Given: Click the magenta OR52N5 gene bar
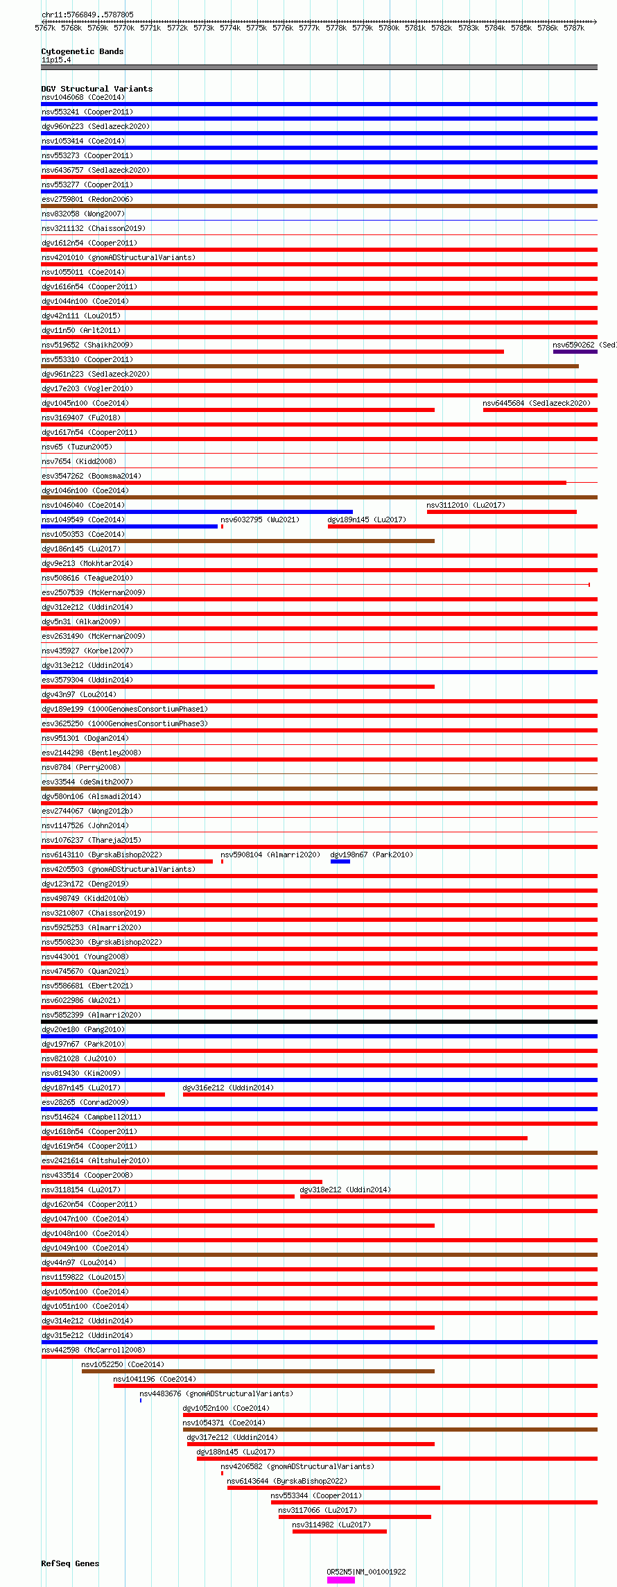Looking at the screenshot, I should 340,1580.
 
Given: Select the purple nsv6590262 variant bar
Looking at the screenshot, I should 575,352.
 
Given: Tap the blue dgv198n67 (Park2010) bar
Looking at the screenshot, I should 340,861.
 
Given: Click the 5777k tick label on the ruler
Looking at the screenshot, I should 309,28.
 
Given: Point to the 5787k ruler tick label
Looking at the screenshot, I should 573,28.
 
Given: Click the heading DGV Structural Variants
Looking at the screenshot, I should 96,89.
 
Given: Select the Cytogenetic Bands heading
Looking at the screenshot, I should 82,51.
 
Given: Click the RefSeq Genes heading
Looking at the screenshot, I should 70,1563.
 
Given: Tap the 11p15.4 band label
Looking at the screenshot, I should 56,60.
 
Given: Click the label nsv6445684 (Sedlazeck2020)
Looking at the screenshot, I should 537,403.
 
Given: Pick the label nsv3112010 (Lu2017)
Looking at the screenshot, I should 466,505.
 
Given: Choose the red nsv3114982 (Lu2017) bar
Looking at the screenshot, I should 339,1532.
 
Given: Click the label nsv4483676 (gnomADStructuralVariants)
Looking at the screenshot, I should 216,1393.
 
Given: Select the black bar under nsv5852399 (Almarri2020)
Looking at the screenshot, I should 319,1022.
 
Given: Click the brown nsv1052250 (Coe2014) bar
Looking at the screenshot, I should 258,1371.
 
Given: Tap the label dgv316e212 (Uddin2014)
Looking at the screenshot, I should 228,1088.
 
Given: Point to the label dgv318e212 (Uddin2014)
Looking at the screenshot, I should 345,1190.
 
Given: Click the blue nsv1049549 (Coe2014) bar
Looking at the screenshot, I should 129,526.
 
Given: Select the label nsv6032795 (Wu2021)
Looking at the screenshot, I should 260,520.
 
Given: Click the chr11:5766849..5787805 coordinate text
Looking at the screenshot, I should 87,15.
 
